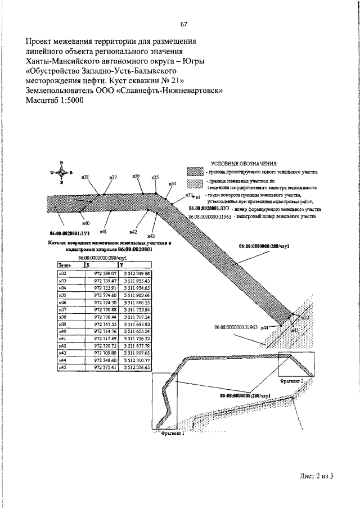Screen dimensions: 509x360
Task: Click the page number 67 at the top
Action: point(183,24)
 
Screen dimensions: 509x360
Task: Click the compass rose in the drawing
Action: point(61,172)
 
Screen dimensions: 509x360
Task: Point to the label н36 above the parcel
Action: point(136,176)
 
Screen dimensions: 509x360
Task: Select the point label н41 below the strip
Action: point(103,231)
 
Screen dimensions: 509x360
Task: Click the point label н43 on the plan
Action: point(151,236)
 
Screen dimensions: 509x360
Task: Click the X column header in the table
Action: point(87,264)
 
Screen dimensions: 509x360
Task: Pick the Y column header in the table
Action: point(122,264)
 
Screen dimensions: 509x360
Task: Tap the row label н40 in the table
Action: point(63,331)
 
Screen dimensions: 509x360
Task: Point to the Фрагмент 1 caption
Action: point(173,434)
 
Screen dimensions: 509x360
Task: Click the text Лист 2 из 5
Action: point(317,476)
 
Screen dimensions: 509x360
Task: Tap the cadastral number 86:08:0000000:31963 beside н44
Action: point(236,326)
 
